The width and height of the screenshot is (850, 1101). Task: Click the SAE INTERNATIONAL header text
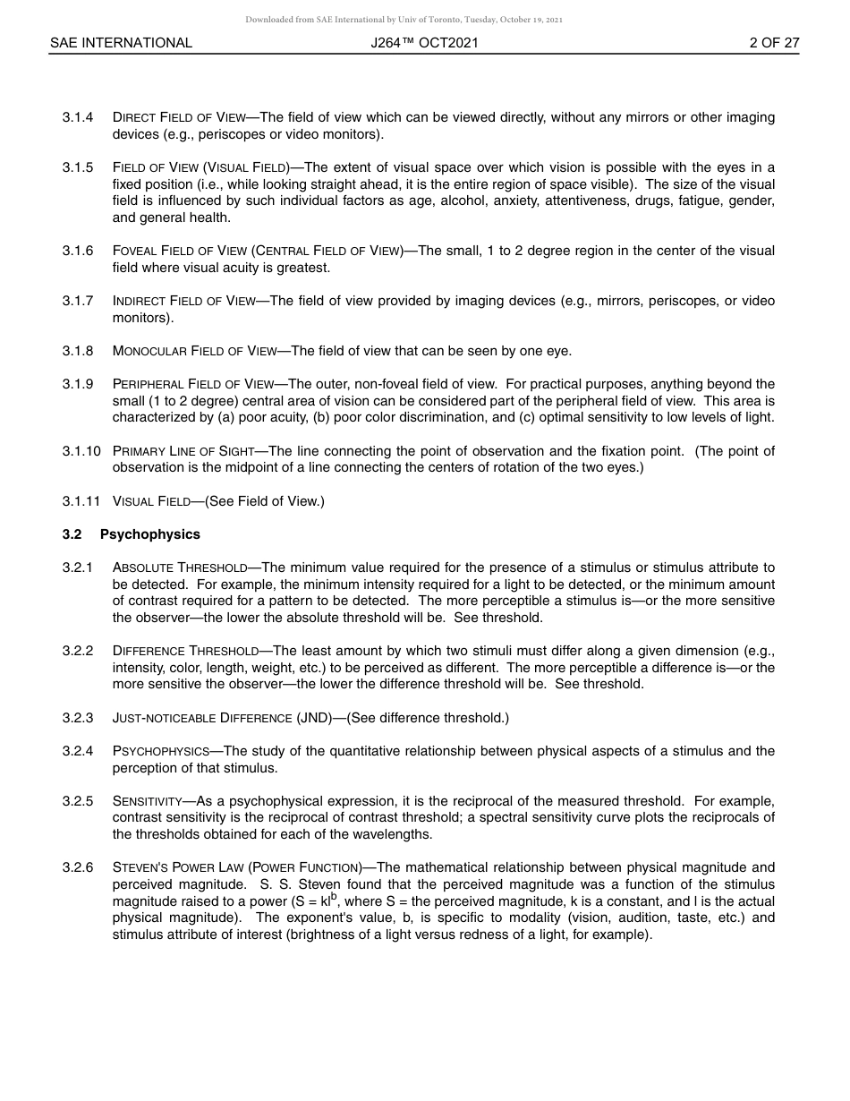[x=121, y=43]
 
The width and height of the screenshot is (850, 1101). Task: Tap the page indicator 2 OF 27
[x=774, y=43]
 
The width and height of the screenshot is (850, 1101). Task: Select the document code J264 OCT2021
[x=424, y=43]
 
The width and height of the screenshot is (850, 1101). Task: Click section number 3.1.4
[x=78, y=117]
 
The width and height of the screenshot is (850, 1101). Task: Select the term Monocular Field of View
[x=195, y=351]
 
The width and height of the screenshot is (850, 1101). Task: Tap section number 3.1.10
[x=81, y=451]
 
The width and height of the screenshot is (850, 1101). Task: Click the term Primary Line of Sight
[x=183, y=451]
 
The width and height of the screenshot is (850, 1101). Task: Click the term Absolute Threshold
[x=180, y=568]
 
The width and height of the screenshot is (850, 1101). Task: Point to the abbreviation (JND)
[x=312, y=718]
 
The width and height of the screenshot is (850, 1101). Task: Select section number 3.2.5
[x=78, y=801]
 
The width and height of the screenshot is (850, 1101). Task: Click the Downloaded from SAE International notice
[x=404, y=19]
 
